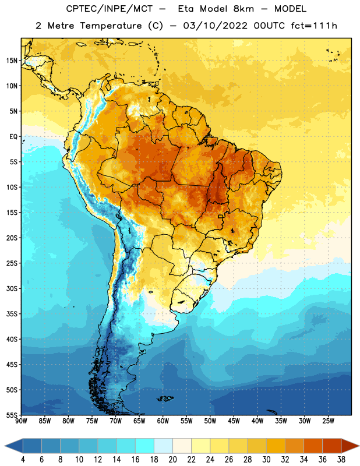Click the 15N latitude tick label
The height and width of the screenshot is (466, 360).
click(x=12, y=61)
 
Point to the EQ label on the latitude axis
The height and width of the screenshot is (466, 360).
click(x=13, y=137)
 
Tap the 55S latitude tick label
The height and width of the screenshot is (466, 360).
click(x=12, y=415)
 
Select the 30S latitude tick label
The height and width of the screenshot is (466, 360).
click(x=12, y=288)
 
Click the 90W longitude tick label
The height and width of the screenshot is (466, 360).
click(x=22, y=421)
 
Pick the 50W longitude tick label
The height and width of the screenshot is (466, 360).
click(x=210, y=421)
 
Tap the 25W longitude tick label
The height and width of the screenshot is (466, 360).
click(x=328, y=421)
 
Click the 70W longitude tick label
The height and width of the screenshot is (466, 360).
click(x=116, y=421)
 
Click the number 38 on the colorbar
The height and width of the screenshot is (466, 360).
click(x=341, y=460)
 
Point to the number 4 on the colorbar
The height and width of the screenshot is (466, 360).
click(x=23, y=460)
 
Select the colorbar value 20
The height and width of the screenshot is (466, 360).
click(x=172, y=460)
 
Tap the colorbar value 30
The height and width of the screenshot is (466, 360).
click(x=266, y=460)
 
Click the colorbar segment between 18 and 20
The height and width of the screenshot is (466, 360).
click(x=163, y=446)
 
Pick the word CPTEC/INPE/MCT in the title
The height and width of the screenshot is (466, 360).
click(x=109, y=9)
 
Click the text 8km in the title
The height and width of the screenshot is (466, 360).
click(x=243, y=9)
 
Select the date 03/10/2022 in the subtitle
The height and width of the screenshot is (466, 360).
click(x=215, y=26)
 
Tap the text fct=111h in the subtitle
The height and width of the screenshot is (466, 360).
click(x=314, y=26)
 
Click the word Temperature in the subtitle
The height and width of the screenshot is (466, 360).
click(x=111, y=26)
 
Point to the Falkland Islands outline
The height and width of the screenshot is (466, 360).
click(x=165, y=398)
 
